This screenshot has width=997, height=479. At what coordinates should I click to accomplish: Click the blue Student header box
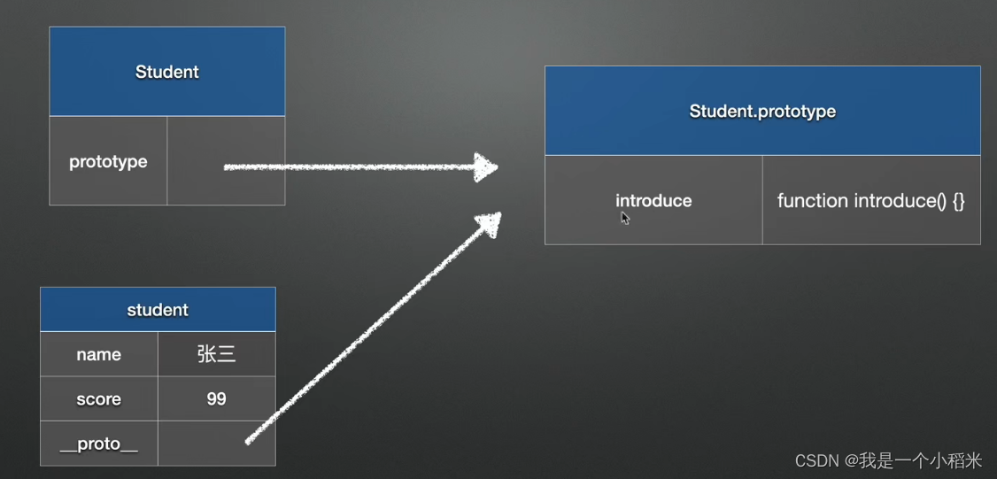166,72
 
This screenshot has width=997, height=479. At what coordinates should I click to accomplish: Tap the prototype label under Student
108,162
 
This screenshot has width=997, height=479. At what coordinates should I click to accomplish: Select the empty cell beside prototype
226,161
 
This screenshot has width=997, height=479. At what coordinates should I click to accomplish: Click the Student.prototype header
762,112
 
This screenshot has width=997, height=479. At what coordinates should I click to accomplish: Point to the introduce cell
653,200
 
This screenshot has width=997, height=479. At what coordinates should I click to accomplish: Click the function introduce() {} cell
871,200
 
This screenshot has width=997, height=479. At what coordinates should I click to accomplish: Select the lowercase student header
158,310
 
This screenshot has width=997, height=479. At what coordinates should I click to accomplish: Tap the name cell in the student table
98,354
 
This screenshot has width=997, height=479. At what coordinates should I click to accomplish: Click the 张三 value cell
217,354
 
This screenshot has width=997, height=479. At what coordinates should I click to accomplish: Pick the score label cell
98,399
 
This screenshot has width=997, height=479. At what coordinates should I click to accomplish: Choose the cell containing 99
217,399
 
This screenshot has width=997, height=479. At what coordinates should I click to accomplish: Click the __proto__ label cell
98,444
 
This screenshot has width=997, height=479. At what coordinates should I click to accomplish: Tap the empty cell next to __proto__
217,444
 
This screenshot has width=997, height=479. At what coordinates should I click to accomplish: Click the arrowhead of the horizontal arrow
485,166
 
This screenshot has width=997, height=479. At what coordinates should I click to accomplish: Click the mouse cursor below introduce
625,218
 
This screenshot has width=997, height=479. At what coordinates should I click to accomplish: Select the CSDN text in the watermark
815,460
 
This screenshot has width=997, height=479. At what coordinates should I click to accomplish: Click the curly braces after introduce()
958,201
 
